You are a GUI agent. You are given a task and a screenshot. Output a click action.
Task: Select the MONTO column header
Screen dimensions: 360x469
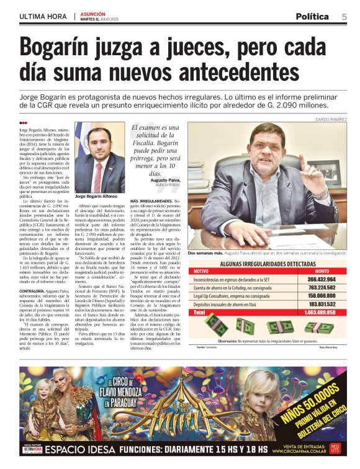[322, 271]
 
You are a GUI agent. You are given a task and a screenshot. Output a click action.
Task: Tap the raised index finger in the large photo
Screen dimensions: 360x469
[302, 163]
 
